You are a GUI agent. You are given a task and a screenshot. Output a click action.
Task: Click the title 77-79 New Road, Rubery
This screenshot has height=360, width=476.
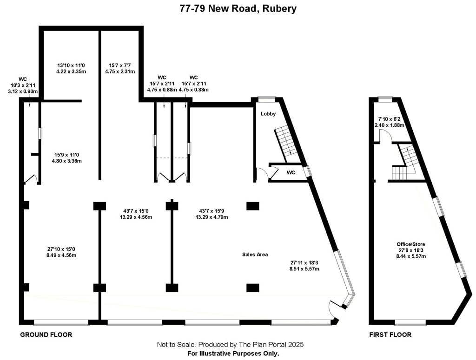click(x=238, y=9)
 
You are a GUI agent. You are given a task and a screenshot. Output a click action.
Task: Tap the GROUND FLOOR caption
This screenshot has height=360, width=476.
click(x=46, y=334)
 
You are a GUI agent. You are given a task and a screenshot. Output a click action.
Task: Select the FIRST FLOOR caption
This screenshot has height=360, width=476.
click(x=390, y=334)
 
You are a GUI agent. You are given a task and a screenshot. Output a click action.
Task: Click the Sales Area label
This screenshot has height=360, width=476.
click(x=255, y=254)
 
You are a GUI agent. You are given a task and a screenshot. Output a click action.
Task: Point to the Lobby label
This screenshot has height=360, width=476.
click(x=268, y=114)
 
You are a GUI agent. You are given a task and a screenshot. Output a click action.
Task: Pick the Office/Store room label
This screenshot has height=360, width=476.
click(x=410, y=244)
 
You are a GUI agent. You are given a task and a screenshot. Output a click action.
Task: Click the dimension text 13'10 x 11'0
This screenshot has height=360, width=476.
click(x=72, y=65)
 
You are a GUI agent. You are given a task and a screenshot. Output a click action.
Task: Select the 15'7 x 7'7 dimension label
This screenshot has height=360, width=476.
click(x=119, y=65)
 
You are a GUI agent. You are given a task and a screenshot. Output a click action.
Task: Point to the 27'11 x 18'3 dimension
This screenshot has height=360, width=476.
click(x=304, y=262)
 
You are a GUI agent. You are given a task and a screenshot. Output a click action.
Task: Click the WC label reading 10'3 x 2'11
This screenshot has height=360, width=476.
click(x=23, y=85)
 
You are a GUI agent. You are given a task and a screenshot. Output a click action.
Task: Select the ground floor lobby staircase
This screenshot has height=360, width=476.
click(x=287, y=142)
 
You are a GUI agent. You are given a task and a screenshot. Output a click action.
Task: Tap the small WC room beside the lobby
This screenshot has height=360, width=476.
click(x=290, y=172)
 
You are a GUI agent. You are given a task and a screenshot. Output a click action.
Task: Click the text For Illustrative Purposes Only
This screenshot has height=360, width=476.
click(x=233, y=353)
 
